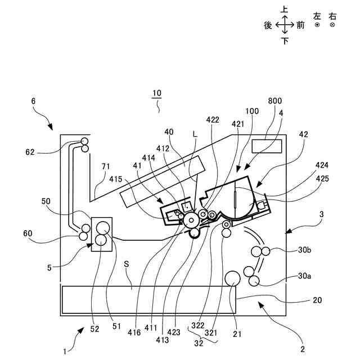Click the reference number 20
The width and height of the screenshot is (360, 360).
(318, 300)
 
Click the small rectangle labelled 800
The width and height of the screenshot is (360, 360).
(267, 146)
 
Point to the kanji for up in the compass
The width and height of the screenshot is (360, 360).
(285, 10)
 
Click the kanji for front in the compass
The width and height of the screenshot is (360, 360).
(300, 25)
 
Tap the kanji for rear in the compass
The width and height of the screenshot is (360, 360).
(268, 25)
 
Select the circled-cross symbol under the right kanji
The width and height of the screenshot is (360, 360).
(332, 25)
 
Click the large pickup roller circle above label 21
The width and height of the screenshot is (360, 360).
(233, 277)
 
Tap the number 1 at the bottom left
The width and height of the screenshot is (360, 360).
(65, 352)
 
